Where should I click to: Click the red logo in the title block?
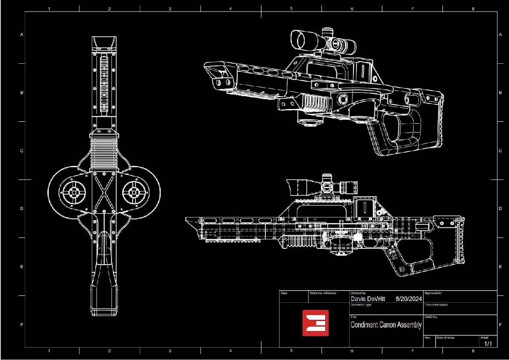click(x=315, y=323)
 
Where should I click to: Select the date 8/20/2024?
click(x=409, y=299)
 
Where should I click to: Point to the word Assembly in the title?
click(x=409, y=325)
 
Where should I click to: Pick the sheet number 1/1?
click(x=488, y=343)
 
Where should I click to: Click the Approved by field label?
click(x=433, y=293)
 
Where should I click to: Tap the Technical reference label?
click(x=323, y=293)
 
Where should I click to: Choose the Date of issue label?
click(x=445, y=338)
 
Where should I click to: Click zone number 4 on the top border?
click(x=231, y=8)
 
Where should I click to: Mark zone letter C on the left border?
click(x=22, y=151)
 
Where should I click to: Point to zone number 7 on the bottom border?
click(x=412, y=351)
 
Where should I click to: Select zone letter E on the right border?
click(x=500, y=267)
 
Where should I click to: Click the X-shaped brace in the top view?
click(x=104, y=192)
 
